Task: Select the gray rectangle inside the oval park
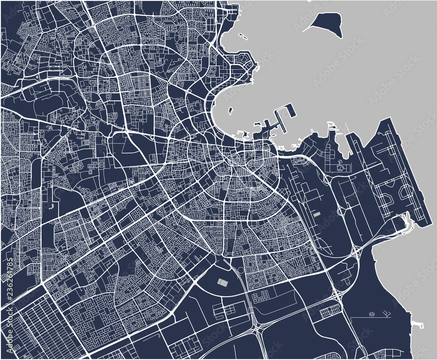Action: tap(223, 283)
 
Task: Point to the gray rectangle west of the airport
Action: tap(317, 215)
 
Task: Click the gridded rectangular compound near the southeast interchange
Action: tap(329, 313)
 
